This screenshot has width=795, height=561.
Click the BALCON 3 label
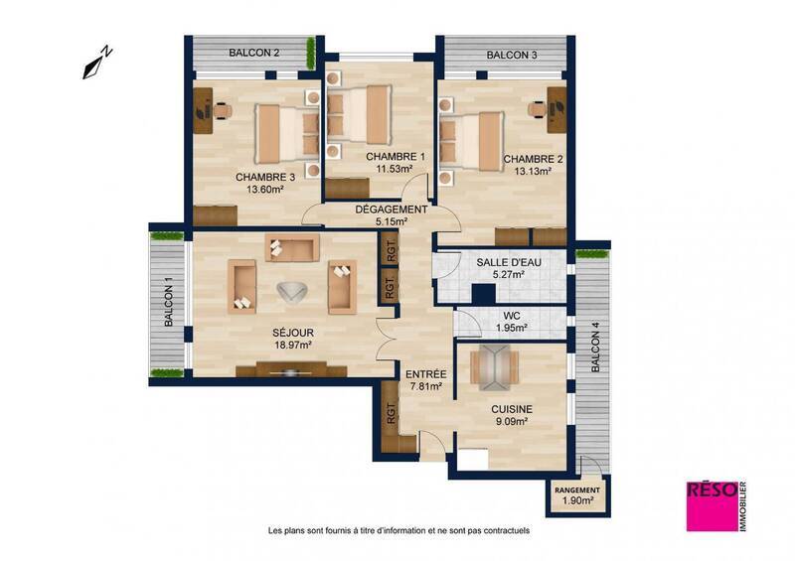tap(512, 55)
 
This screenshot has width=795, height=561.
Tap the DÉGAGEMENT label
tap(392, 210)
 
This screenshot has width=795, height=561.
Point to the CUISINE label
tap(512, 408)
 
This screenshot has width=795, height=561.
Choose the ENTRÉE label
tap(424, 373)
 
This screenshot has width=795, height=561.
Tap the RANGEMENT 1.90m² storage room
tap(577, 495)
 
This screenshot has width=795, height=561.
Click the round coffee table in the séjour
tap(291, 290)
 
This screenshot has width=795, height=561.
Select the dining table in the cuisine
tap(492, 365)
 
